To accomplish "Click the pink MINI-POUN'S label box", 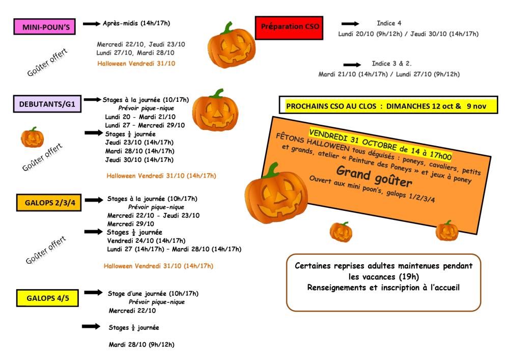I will click(45, 26).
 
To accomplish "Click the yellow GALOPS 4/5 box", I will click(47, 298).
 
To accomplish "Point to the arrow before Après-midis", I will click(91, 23).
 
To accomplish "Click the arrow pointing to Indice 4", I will click(350, 23).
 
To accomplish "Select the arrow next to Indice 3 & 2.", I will click(352, 65).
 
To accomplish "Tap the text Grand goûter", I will click(374, 175).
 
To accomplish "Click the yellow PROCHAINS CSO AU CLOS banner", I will click(388, 106).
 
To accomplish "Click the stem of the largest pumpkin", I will click(272, 170).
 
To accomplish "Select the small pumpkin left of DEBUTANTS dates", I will click(32, 137).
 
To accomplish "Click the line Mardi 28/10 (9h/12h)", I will click(142, 345).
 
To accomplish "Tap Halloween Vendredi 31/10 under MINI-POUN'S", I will click(136, 64).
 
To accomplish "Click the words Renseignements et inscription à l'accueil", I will click(383, 287).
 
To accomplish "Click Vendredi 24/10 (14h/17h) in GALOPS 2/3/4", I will click(146, 240).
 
